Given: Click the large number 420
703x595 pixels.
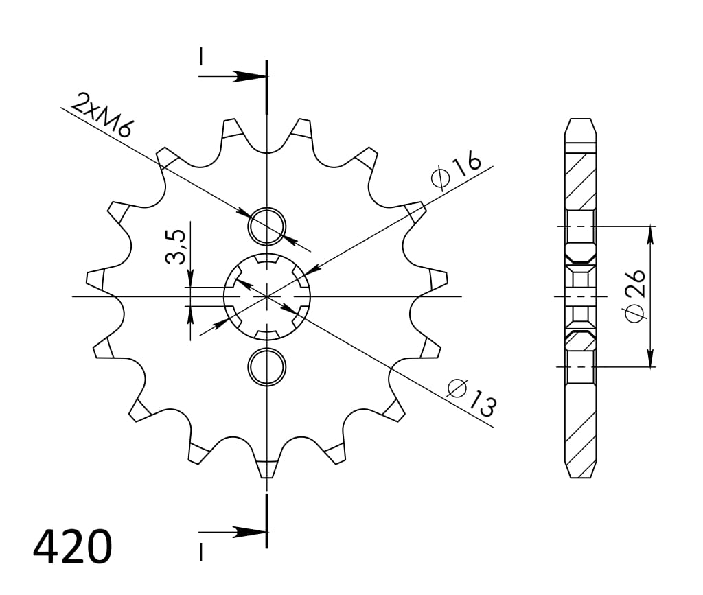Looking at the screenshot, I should coord(72,546).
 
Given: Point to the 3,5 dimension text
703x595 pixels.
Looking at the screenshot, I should coord(176,247).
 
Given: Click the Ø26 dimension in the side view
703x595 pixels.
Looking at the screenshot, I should coord(635,295).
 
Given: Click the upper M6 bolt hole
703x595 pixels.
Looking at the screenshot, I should coord(267,225).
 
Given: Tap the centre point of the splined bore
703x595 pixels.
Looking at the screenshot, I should coord(267,296).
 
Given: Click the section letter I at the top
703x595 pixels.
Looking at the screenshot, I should coord(201,56).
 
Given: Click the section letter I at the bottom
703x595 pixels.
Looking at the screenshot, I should coord(201,550).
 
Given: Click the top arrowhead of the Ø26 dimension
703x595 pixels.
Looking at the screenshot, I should coord(650,233).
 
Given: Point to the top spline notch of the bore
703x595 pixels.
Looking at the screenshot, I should coord(267,260).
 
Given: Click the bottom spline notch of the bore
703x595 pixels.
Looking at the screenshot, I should coord(267,334).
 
